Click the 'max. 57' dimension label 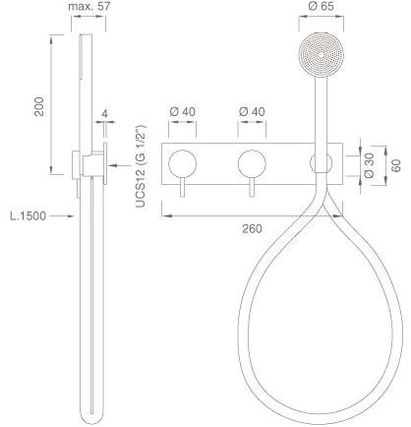89,6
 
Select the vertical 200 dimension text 39,106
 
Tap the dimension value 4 105,114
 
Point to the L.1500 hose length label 29,215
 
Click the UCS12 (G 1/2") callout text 141,166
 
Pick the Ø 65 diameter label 322,6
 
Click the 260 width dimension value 252,228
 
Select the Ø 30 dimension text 369,165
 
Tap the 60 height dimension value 396,165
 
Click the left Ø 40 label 182,111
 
